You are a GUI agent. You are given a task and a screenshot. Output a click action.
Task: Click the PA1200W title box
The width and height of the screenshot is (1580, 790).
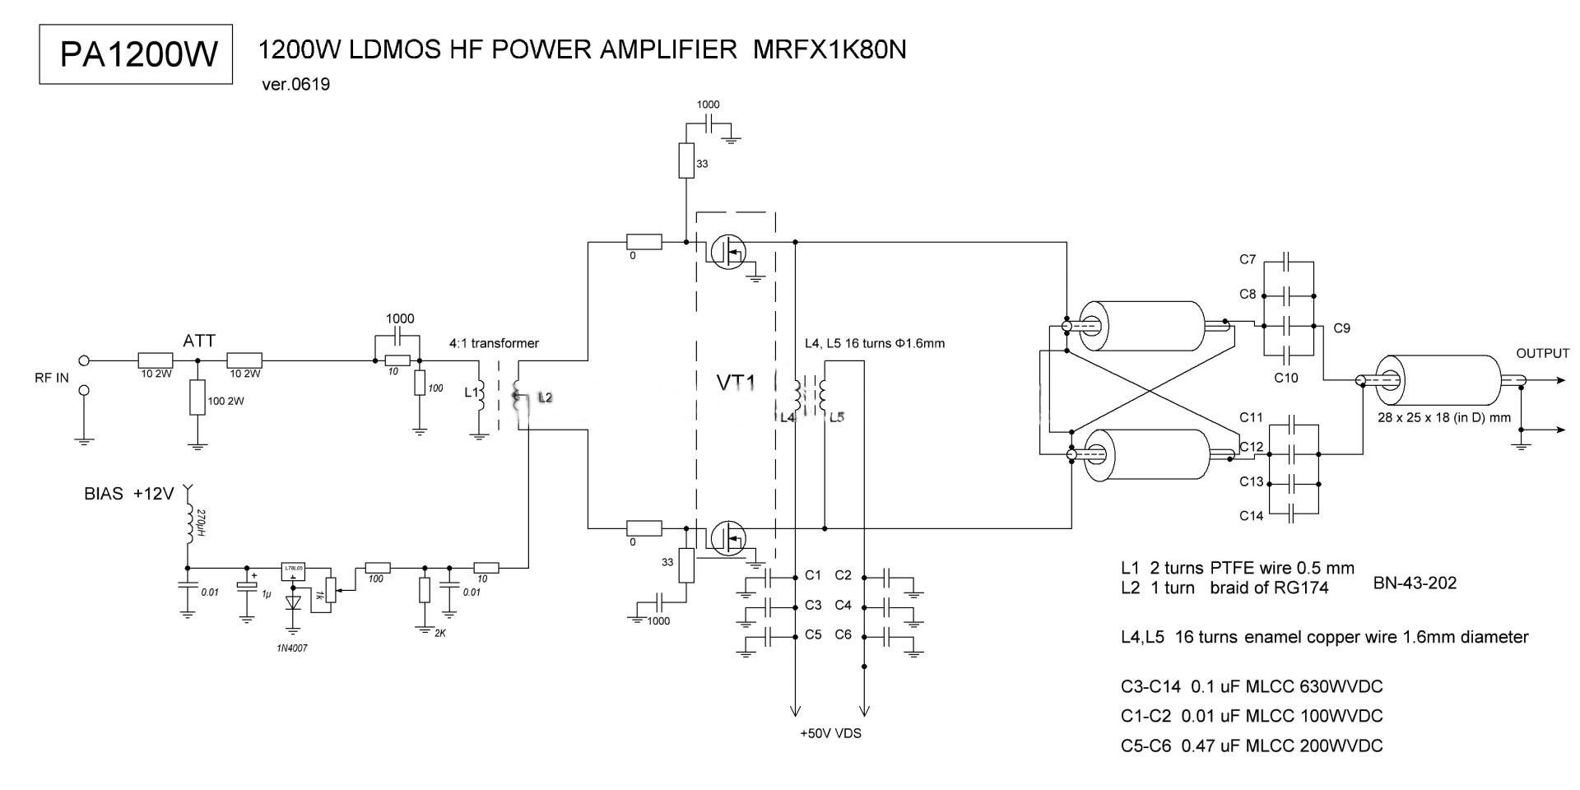(137, 54)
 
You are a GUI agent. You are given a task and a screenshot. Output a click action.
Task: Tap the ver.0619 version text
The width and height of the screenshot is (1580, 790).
(295, 84)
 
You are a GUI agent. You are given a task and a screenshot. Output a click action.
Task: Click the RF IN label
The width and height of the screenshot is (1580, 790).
(52, 379)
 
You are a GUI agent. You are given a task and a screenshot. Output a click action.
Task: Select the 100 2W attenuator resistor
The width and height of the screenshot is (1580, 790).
(197, 398)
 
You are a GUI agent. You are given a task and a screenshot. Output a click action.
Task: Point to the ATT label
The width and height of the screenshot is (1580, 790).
(199, 340)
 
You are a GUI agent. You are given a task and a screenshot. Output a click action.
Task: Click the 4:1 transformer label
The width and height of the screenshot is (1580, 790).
(494, 343)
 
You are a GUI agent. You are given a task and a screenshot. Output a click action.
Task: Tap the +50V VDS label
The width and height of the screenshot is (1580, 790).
(830, 733)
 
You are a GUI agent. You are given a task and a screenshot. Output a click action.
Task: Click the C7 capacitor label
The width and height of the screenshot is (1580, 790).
(1248, 259)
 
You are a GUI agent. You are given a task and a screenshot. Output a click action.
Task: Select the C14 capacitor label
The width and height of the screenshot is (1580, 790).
(1251, 516)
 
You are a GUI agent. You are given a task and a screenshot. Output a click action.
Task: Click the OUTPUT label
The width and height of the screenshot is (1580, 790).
(1542, 353)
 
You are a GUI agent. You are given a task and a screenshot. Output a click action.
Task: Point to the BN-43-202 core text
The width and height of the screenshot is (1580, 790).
(1415, 583)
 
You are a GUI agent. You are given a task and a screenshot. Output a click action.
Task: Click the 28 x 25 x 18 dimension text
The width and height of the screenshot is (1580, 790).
(1444, 417)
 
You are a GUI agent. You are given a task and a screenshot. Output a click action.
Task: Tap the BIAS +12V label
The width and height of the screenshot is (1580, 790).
(129, 494)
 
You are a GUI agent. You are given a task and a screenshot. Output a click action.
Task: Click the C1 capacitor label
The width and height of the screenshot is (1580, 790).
(813, 575)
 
